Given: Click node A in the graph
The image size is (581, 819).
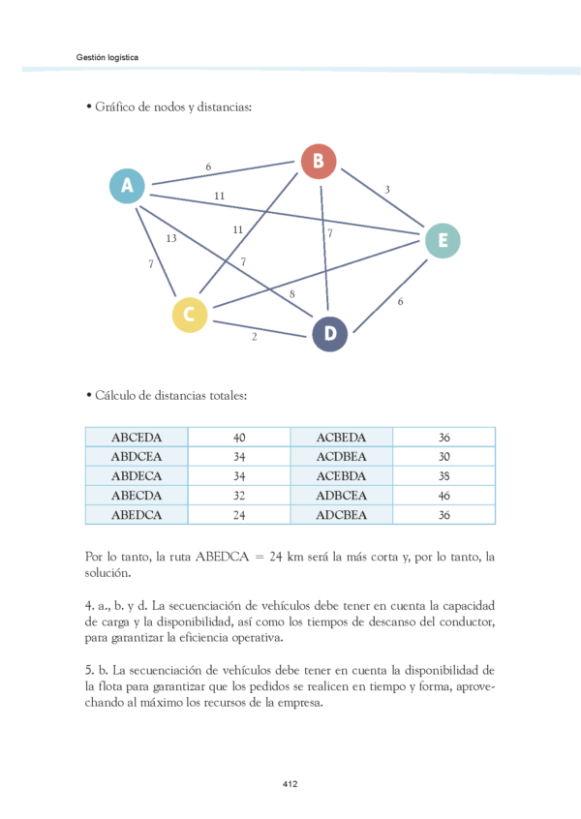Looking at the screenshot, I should coord(127,186).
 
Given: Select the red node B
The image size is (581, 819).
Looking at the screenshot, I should coord(318,161).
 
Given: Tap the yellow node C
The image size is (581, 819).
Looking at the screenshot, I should coord(190,314).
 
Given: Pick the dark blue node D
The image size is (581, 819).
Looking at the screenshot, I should coord(329,334).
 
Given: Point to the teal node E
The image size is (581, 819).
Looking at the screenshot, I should coord(442,241).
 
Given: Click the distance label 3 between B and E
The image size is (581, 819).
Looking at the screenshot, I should coord(387,190).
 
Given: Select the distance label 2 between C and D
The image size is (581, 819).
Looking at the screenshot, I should coord(254,338).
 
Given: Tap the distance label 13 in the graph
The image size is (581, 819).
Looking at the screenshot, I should coord(170,238).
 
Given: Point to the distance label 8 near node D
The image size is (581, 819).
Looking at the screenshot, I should coord(291,293).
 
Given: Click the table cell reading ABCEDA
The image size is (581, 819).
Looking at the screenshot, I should coord(137,438).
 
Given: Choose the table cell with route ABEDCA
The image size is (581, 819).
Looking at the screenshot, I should coord(137,515).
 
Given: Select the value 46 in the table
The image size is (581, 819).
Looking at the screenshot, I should coord(444,496).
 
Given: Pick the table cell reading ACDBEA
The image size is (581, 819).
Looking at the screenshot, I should coord(342,457).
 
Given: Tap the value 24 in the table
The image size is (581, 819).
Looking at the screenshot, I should coord(239,515).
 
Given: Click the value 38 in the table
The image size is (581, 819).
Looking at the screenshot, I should coord(444,476).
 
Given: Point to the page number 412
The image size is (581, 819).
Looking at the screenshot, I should coord(290,782).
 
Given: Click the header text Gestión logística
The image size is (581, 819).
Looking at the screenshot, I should coord(107,57).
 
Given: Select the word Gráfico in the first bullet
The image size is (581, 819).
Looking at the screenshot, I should coord(116,107).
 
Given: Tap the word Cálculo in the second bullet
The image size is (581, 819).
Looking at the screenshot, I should coord(116,396).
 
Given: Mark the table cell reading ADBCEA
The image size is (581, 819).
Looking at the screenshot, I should coord(342,496).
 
